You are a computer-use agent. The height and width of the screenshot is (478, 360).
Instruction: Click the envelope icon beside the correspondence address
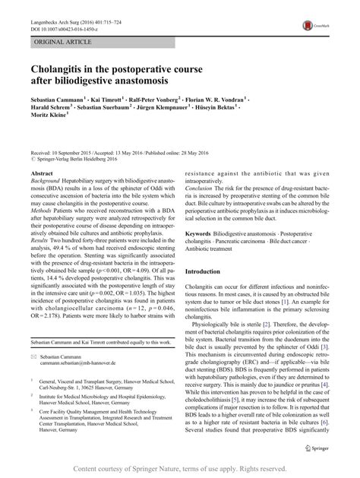tap(33, 377)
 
